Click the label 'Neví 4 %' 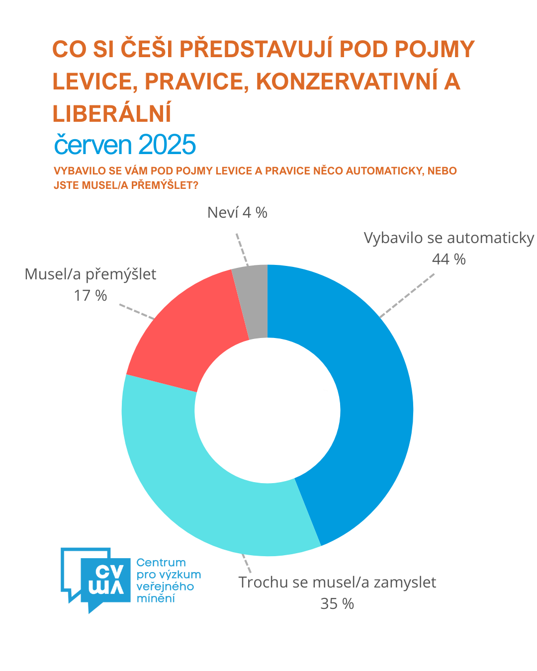tap(237, 213)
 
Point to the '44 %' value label tap(448, 259)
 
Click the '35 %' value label tap(337, 604)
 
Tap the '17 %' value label tap(90, 296)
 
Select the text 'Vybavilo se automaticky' tap(448, 238)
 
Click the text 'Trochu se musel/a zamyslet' tap(337, 582)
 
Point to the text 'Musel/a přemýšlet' tap(90, 274)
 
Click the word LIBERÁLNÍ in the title tap(112, 114)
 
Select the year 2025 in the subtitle tap(167, 145)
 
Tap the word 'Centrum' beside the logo tap(161, 563)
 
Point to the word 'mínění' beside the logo tap(156, 598)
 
